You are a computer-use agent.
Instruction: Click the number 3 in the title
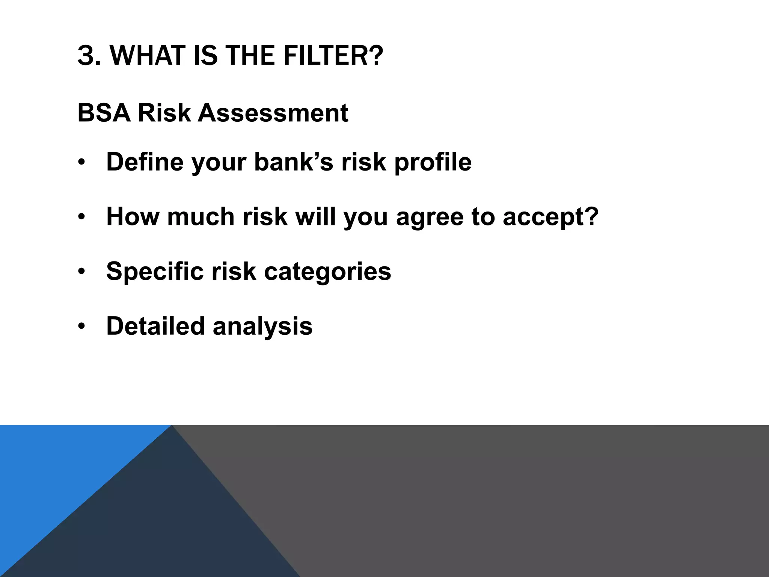(86, 56)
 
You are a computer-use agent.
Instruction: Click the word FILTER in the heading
(333, 56)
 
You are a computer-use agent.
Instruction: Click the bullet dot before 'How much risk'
(82, 217)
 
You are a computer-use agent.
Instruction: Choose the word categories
(327, 271)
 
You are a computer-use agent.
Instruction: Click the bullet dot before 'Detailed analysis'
(82, 326)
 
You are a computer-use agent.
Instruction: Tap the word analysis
(262, 326)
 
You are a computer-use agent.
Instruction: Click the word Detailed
(155, 326)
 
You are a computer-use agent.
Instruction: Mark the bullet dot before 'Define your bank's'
(82, 162)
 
